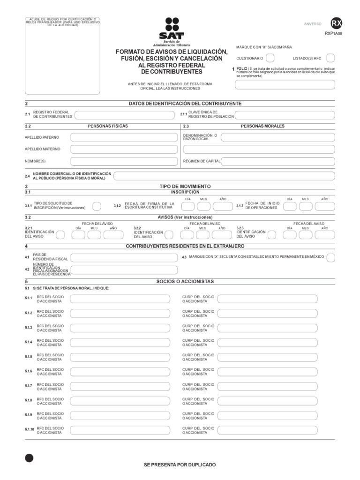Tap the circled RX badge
[336, 24]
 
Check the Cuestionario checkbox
[270, 58]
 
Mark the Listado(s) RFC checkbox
[330, 58]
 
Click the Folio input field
[285, 85]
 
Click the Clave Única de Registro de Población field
[285, 115]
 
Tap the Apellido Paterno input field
[124, 137]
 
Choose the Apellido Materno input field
[124, 150]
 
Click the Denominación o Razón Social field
[277, 137]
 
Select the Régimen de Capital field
[277, 161]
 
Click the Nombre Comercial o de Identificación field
[224, 176]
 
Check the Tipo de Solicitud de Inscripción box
[97, 206]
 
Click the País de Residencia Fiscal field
[124, 257]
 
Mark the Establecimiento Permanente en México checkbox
[331, 257]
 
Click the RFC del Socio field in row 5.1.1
[124, 299]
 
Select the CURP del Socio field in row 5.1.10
[276, 430]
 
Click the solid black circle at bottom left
[29, 458]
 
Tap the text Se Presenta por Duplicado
[180, 464]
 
